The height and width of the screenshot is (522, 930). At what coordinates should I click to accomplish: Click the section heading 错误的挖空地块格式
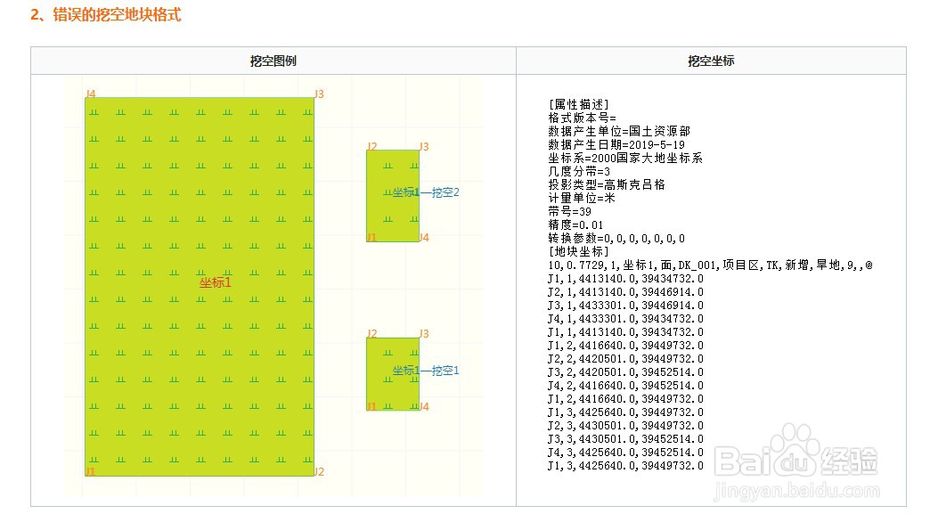coord(105,15)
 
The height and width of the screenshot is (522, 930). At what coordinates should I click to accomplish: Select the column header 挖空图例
coord(273,61)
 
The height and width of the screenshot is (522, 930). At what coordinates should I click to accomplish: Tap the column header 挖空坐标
coord(711,61)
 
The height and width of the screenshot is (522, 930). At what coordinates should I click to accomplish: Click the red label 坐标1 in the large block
coord(215,282)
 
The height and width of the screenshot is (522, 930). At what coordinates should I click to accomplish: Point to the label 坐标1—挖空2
coord(425,192)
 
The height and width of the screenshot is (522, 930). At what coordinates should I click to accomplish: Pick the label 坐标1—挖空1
coord(425,371)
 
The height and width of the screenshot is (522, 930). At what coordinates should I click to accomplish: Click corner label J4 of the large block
coord(91,94)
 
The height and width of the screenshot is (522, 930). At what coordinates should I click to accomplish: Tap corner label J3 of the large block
coord(319,94)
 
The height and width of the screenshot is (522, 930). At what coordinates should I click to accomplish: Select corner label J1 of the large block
coord(90,471)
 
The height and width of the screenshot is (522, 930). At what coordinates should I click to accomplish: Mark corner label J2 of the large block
coord(319,471)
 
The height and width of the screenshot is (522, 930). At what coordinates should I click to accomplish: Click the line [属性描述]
coord(579,104)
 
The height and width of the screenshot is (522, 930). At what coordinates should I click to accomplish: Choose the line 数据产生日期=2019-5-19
coord(616,144)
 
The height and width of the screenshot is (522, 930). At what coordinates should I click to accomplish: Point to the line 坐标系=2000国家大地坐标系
coord(625,158)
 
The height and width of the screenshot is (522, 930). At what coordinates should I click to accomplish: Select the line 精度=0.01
coord(575,225)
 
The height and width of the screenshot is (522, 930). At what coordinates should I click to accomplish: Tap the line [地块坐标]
coord(579,252)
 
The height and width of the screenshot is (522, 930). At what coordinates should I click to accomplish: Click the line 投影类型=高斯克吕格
coord(607,184)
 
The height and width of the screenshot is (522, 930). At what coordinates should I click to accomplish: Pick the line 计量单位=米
coord(582,198)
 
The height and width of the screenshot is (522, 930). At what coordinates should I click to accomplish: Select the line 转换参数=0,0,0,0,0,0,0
coord(616,239)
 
